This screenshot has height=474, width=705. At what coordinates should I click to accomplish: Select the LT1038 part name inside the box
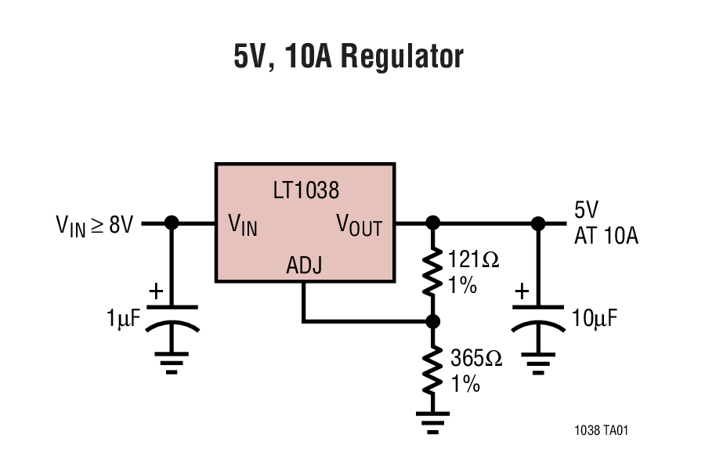pyautogui.click(x=305, y=190)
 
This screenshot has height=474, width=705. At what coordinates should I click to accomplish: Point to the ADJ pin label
pyautogui.click(x=304, y=267)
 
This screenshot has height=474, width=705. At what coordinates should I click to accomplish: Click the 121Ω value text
pyautogui.click(x=475, y=260)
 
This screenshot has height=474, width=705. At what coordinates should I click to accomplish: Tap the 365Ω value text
pyautogui.click(x=475, y=359)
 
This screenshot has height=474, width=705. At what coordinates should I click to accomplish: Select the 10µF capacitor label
pyautogui.click(x=594, y=318)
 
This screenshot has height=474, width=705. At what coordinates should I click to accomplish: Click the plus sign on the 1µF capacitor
pyautogui.click(x=156, y=291)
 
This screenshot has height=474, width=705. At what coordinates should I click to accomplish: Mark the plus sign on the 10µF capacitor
pyautogui.click(x=522, y=291)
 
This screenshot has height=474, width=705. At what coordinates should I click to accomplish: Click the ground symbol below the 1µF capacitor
pyautogui.click(x=172, y=362)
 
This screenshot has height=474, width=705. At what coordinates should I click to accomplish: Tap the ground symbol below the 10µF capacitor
pyautogui.click(x=538, y=362)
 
